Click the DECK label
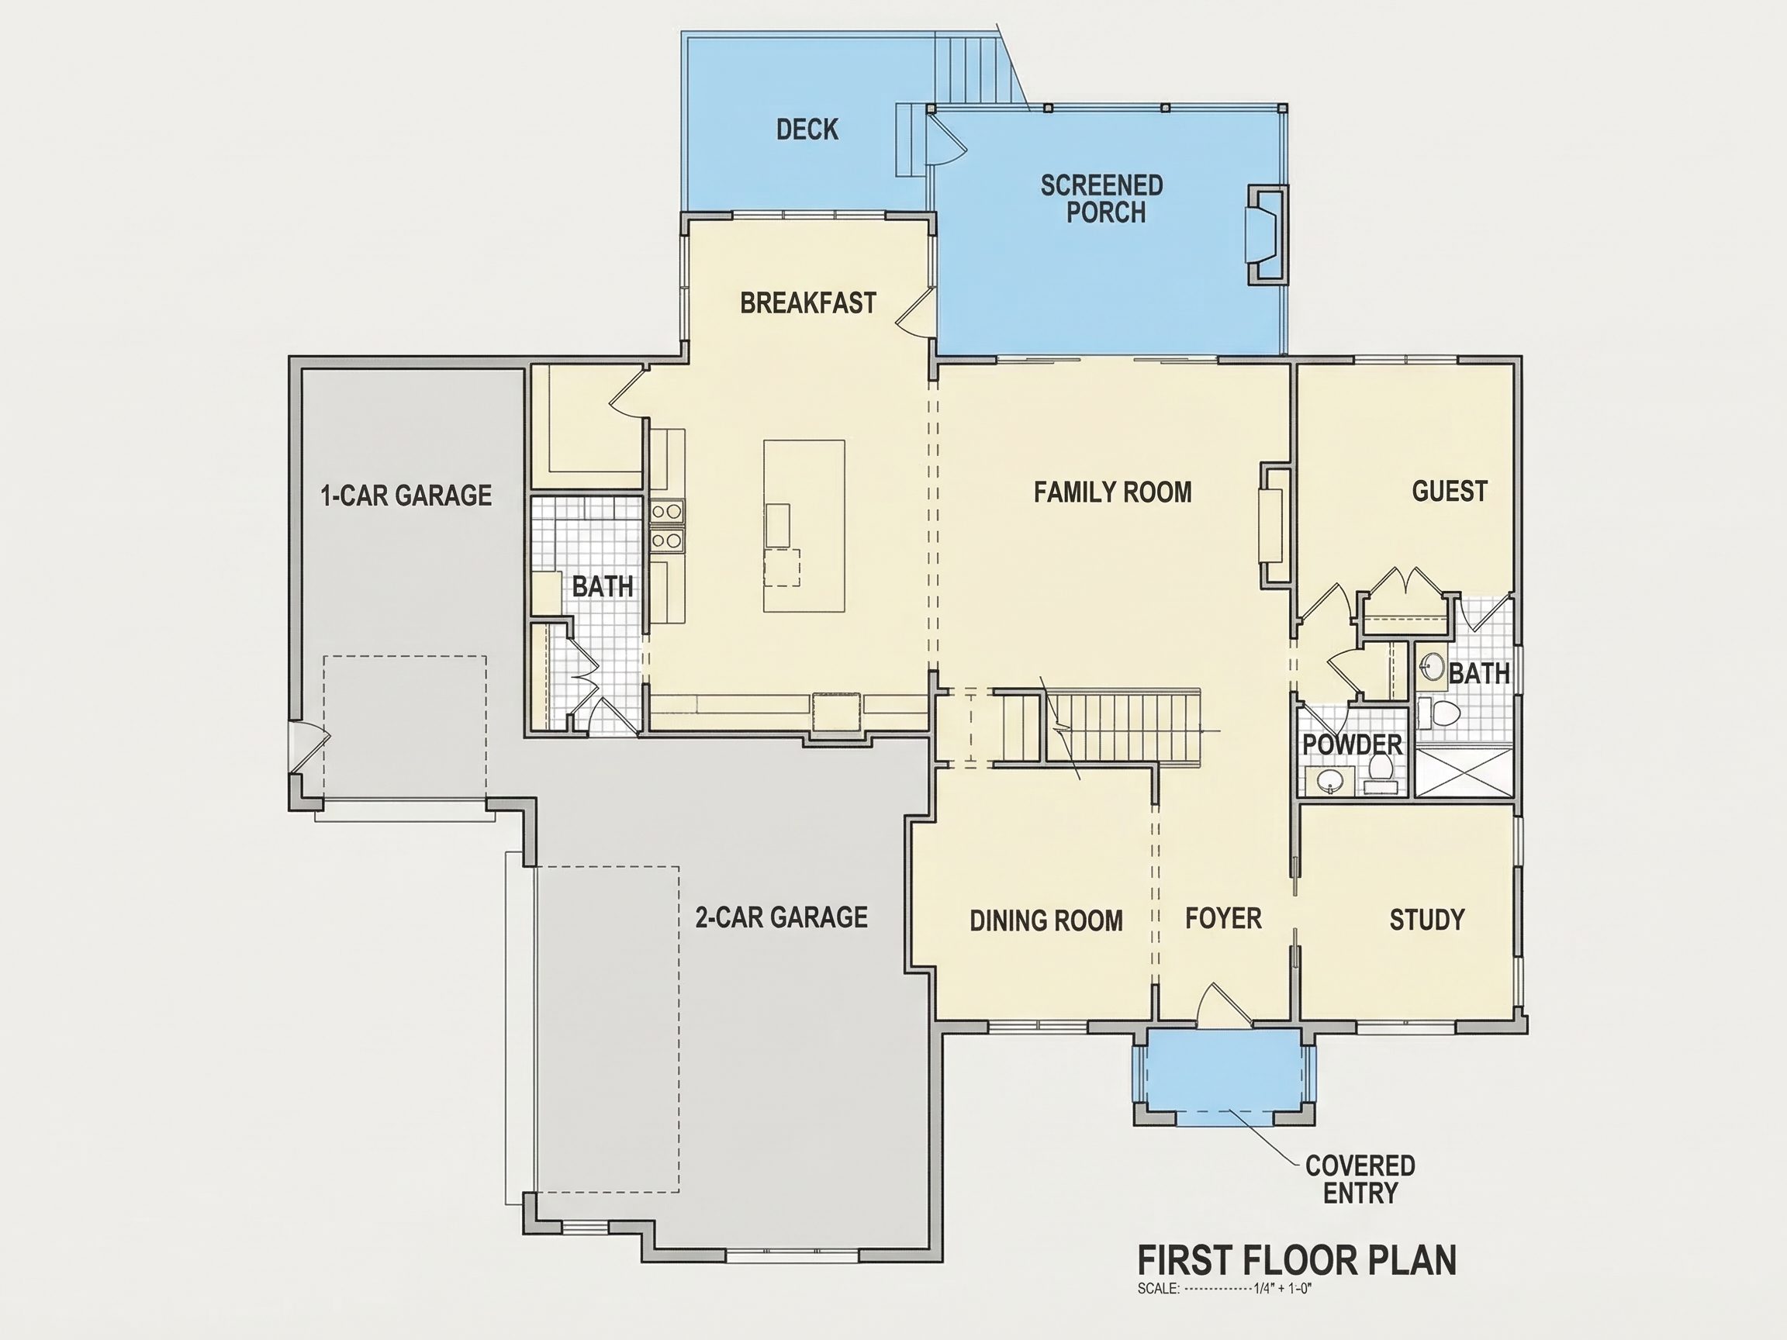point(807,130)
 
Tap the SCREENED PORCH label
point(1102,199)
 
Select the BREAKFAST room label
point(808,303)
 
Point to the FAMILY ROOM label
point(1112,492)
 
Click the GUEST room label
point(1450,491)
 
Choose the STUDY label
point(1426,919)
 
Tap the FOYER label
point(1223,918)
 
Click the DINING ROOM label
point(1046,920)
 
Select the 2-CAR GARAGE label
point(781,917)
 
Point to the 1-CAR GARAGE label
point(406,495)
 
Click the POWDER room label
point(1353,744)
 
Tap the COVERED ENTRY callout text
point(1360,1179)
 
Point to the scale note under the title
point(1225,1288)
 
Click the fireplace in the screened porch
point(1267,234)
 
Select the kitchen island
point(804,526)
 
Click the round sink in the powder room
point(1329,780)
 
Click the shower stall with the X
point(1464,772)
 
